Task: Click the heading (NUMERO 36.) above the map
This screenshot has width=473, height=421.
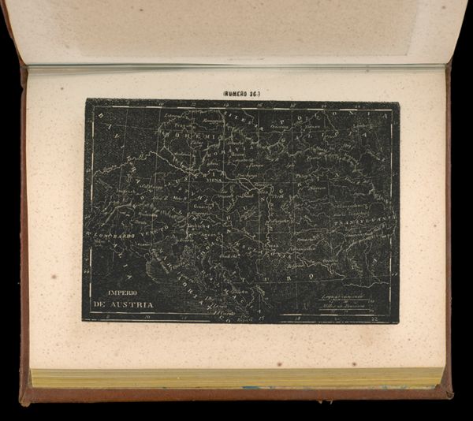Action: [x=241, y=93]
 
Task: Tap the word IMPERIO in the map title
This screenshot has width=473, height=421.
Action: [x=112, y=292]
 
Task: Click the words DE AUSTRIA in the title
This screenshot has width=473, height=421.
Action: [x=124, y=305]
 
